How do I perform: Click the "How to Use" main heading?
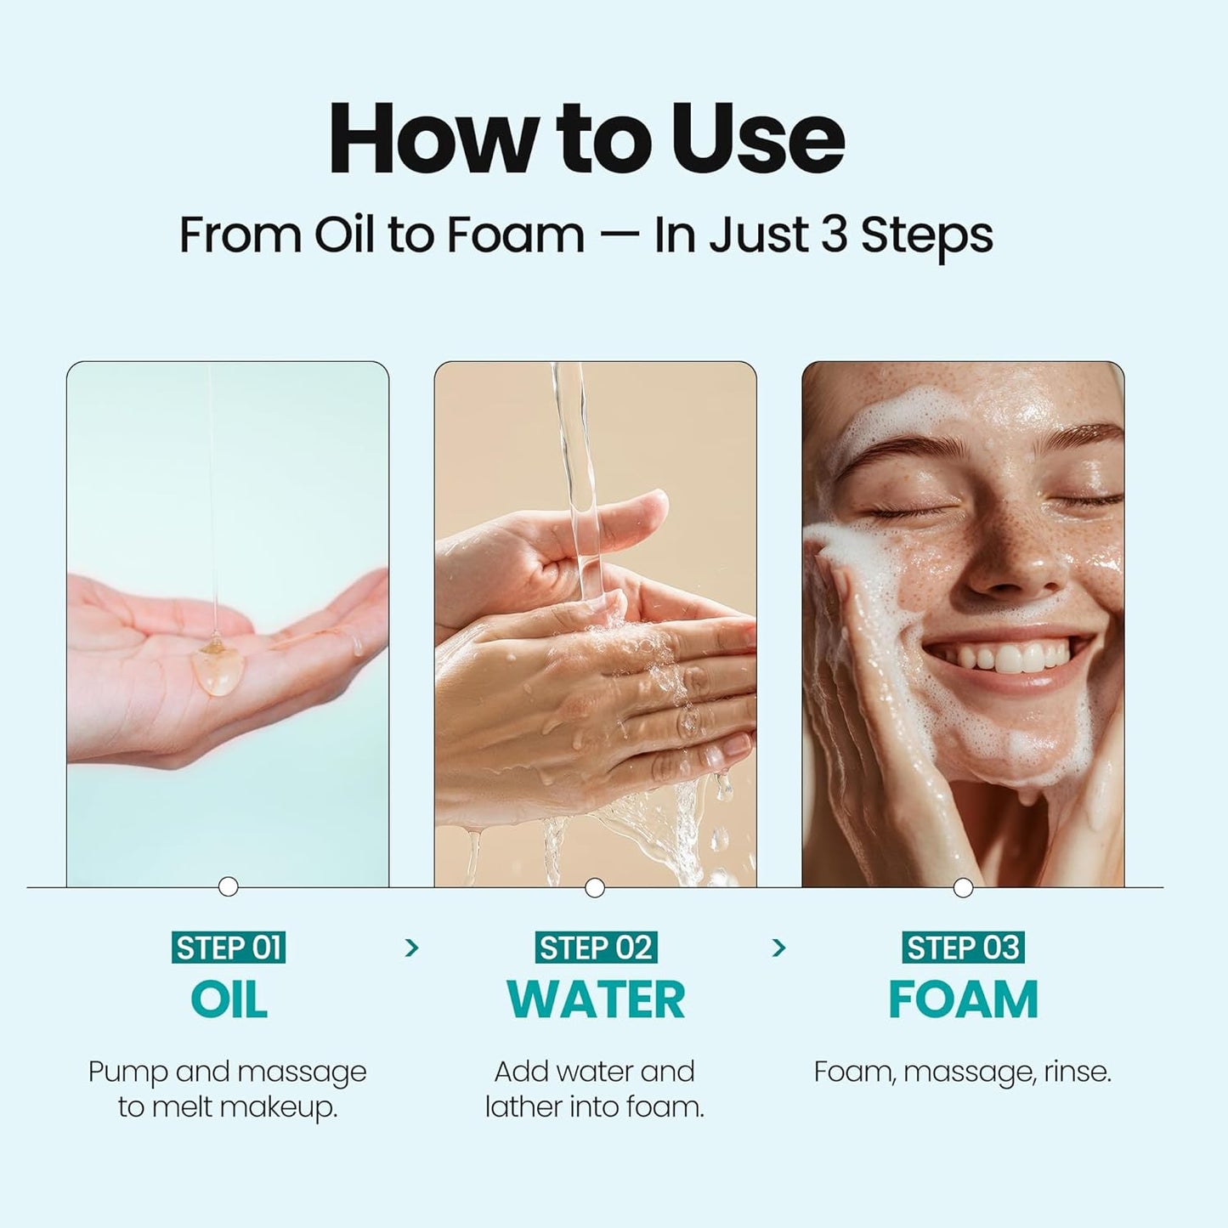586,139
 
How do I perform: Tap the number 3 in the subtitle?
834,235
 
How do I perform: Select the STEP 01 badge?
228,948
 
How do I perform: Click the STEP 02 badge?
595,948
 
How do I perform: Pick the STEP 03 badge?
963,948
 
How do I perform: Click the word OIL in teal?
229,999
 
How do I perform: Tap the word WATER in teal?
595,999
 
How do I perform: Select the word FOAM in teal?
963,999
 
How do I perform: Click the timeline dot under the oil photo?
228,887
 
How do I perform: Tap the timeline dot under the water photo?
595,888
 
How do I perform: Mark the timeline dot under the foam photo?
963,888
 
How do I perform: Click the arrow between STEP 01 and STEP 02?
412,948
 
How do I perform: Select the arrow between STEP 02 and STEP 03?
778,948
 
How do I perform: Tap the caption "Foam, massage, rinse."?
962,1072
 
